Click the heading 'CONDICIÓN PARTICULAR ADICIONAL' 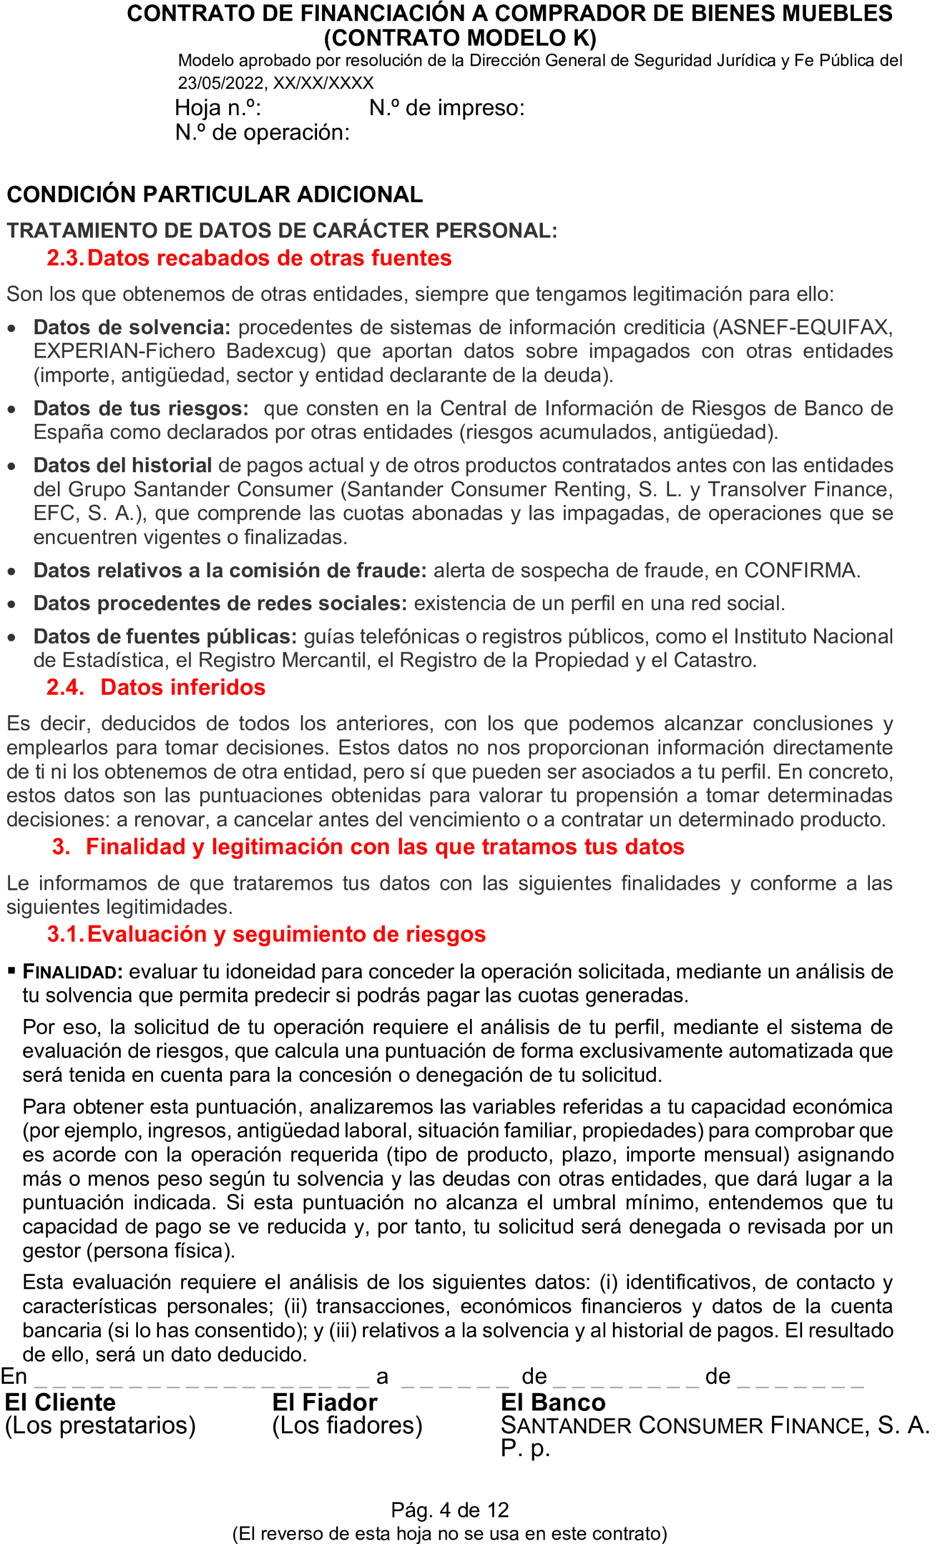click(x=214, y=195)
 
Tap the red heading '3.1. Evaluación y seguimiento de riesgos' click(x=266, y=934)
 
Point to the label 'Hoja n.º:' click(x=217, y=108)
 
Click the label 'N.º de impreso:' click(x=446, y=108)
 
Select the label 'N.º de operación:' click(x=262, y=132)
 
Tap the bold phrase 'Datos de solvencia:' click(x=132, y=327)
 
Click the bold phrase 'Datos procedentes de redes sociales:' click(x=220, y=603)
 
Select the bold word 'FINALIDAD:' click(x=73, y=972)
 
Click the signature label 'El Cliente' click(x=60, y=1402)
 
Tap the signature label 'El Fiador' click(x=325, y=1402)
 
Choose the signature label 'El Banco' click(x=553, y=1402)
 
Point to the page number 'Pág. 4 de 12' click(x=449, y=1510)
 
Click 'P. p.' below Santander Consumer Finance click(x=525, y=1448)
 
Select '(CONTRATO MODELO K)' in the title click(x=459, y=38)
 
